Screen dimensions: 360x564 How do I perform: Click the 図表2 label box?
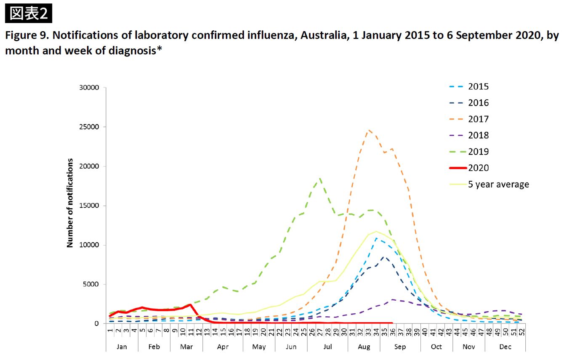(29, 13)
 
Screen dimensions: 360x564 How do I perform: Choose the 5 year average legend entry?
(498, 184)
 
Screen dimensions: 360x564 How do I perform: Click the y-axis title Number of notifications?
(70, 203)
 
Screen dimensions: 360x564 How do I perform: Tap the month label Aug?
(364, 347)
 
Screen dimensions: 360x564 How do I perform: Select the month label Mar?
(186, 347)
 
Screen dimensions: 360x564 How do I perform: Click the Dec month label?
(505, 347)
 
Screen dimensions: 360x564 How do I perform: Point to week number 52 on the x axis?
(522, 332)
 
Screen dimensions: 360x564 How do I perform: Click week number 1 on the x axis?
(110, 332)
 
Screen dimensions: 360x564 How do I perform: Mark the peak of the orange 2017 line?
(369, 130)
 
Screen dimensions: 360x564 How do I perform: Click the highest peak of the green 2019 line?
(320, 178)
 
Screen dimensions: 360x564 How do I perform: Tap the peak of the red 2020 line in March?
(191, 304)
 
